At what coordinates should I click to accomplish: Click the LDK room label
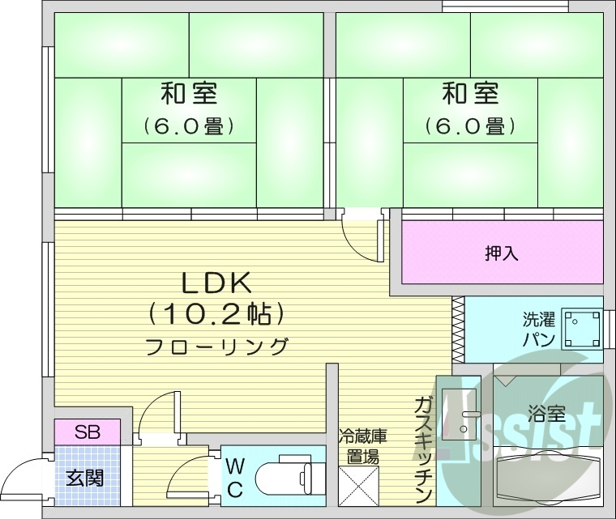pyautogui.click(x=216, y=283)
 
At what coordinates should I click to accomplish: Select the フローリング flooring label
pyautogui.click(x=216, y=347)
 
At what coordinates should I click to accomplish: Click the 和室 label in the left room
pyautogui.click(x=188, y=93)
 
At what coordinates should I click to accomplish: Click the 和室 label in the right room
pyautogui.click(x=469, y=93)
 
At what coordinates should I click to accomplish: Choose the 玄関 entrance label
pyautogui.click(x=84, y=478)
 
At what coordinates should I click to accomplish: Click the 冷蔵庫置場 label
pyautogui.click(x=361, y=446)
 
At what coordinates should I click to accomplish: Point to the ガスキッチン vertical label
pyautogui.click(x=423, y=449)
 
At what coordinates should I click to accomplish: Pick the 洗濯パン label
pyautogui.click(x=538, y=328)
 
